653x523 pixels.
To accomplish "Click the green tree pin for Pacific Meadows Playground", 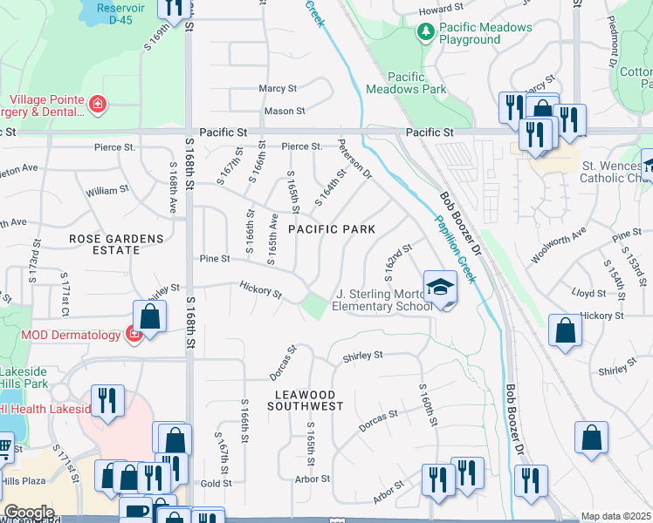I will [x=425, y=33].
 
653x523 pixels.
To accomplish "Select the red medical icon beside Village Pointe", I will [x=99, y=105].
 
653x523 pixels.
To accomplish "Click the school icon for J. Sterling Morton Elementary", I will [x=440, y=287].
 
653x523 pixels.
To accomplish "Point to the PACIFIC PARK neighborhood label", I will [x=332, y=229].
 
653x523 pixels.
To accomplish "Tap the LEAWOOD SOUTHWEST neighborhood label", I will [x=305, y=400].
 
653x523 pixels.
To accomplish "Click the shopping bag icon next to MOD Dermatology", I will [x=150, y=316].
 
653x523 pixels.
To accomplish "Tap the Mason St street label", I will [x=285, y=111].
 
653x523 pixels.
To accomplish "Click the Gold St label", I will [x=215, y=483].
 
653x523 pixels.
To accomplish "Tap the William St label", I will [x=107, y=189].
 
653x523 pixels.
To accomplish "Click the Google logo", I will [x=29, y=513].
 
